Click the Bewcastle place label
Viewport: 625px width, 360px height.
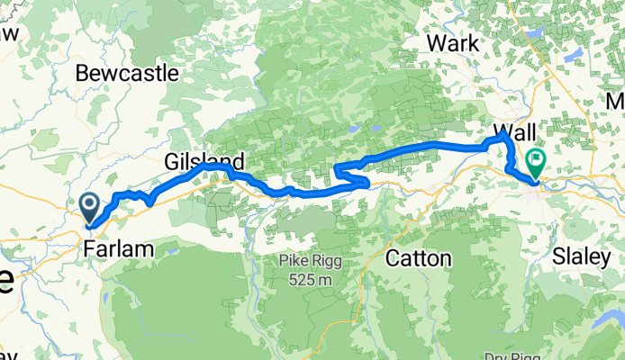128,73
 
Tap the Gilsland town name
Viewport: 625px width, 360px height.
204,161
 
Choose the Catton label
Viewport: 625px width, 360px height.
418,258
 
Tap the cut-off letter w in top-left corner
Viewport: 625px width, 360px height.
9,32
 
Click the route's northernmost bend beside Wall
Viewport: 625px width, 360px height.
501,136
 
